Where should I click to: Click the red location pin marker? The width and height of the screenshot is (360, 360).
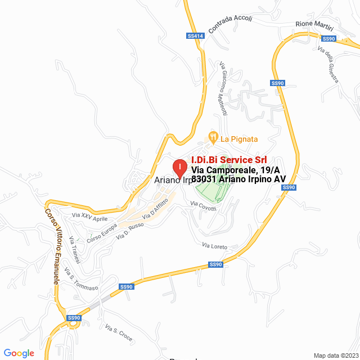click(179, 168)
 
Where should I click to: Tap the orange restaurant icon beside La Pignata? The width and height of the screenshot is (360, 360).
click(213, 137)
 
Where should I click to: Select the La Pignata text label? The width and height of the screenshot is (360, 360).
click(239, 138)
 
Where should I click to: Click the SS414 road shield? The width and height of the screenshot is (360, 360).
click(195, 36)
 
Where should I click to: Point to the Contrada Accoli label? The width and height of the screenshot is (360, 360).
click(230, 25)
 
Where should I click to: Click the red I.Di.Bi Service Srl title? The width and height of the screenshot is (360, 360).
click(229, 160)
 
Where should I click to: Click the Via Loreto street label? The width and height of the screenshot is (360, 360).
click(214, 246)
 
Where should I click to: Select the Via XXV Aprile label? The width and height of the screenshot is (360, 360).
click(89, 217)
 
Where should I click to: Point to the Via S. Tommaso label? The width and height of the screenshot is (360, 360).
click(82, 279)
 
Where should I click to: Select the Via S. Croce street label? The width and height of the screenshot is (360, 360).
click(118, 334)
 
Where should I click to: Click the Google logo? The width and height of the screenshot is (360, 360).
click(19, 353)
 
